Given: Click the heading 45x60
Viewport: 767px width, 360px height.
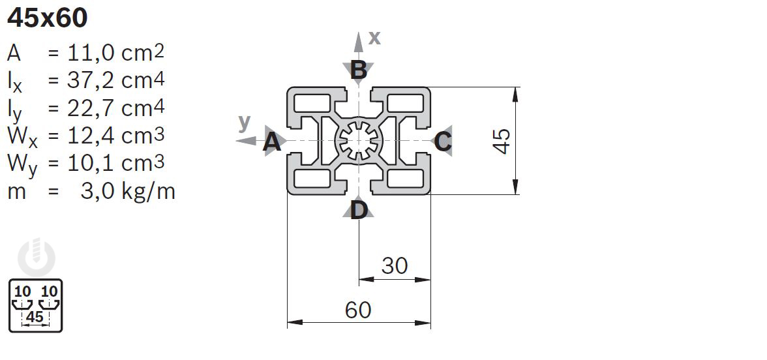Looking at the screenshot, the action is [x=48, y=18].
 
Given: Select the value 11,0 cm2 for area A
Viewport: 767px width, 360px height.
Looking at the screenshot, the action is [x=116, y=53].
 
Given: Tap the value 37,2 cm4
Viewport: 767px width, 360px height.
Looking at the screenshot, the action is [x=116, y=80].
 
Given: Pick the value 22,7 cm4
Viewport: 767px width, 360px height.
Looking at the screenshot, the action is [x=116, y=108].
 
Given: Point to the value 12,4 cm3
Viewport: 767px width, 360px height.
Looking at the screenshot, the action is [x=116, y=136].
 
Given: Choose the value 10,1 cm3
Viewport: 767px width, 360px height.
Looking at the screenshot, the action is [x=116, y=163].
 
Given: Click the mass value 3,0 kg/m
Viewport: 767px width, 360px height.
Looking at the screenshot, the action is [x=128, y=191].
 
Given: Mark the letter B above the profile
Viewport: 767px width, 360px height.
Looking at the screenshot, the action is [x=359, y=71].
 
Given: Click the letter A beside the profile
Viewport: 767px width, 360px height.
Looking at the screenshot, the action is [x=272, y=143].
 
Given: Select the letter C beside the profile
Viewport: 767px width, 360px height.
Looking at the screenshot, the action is [x=443, y=142].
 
